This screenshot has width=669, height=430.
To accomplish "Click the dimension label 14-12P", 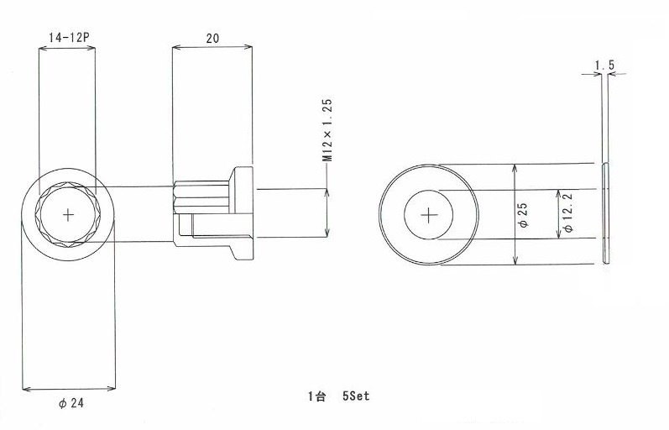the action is pos(69,37).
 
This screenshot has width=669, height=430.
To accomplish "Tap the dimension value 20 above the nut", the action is pos(212,38).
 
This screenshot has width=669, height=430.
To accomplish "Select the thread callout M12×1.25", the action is pos(327,130).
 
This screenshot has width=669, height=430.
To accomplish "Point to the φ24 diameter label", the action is pos(71,402).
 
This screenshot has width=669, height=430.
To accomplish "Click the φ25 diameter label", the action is pos(523,214).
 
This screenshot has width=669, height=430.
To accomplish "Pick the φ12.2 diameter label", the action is pos(567,212).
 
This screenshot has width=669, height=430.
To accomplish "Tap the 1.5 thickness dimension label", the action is pos(604,66).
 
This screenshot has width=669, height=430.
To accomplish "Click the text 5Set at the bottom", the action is pos(356,396).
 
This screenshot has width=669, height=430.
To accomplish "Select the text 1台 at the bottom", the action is pos(316,396).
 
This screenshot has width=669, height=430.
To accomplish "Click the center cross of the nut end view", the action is pos(68,215).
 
